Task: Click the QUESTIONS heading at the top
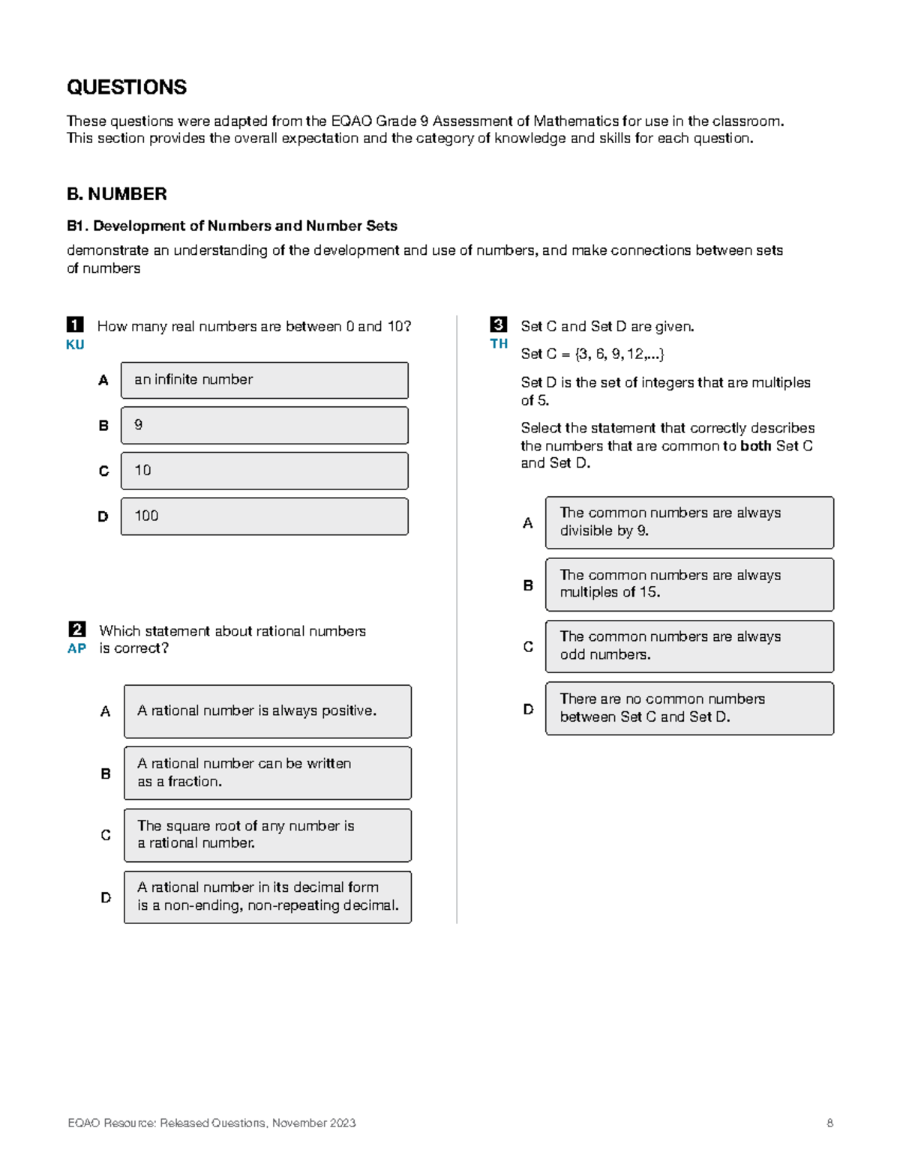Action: [x=127, y=88]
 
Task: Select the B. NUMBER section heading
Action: [x=117, y=194]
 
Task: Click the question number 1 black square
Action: [x=75, y=325]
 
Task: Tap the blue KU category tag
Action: [x=75, y=345]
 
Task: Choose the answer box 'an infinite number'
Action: [x=264, y=380]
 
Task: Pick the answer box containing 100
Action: [x=264, y=516]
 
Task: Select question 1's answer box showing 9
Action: [x=264, y=426]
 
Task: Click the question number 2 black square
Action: [x=76, y=630]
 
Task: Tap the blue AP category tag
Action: [x=76, y=648]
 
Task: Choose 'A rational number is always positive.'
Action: [x=267, y=711]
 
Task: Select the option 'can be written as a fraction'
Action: [x=267, y=773]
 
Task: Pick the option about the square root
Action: [x=267, y=835]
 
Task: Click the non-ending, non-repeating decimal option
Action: [x=267, y=897]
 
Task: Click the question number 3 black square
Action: [x=499, y=325]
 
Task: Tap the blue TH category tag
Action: [x=499, y=344]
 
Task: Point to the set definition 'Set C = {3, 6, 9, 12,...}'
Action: [x=592, y=354]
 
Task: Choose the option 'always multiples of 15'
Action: [x=689, y=585]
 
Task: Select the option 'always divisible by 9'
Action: [x=689, y=522]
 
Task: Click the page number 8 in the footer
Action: [x=829, y=1123]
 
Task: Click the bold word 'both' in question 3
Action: [x=756, y=446]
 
